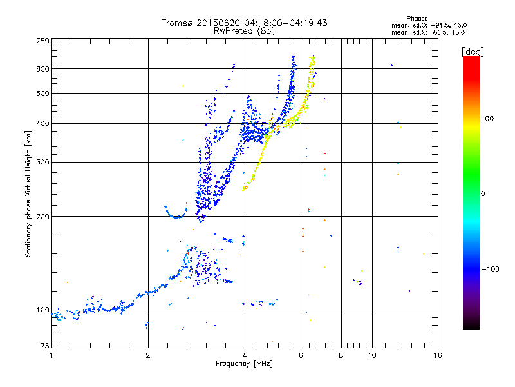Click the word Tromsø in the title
[x=177, y=23]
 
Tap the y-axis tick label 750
[x=42, y=41]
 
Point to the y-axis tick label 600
[x=42, y=69]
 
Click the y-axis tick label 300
[x=42, y=163]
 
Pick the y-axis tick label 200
[x=42, y=217]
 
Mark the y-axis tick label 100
[x=42, y=310]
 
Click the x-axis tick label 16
[x=436, y=355]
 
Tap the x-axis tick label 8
[x=341, y=355]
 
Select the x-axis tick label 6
[x=301, y=355]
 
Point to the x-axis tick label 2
[x=148, y=355]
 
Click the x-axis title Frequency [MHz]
[x=244, y=364]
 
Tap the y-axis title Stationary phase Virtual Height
[x=28, y=193]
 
